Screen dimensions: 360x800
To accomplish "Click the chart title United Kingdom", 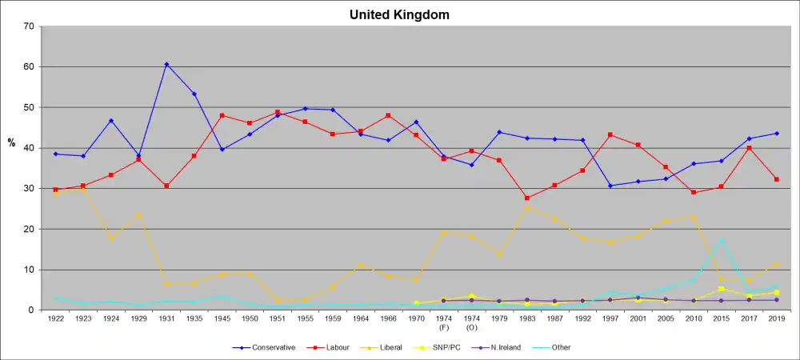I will (399, 14).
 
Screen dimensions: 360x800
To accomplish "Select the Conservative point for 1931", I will (166, 64).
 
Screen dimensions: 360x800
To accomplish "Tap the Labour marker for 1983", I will (526, 198).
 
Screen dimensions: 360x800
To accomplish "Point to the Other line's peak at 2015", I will (721, 239).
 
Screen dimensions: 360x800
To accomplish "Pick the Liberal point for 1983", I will (526, 207).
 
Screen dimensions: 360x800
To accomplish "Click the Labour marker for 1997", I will (610, 134).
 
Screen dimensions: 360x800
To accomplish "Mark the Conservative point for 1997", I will (610, 186).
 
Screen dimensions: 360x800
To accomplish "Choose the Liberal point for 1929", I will (138, 214).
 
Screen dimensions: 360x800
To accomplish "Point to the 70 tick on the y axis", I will (29, 26).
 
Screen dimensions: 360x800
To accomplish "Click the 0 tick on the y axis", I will (31, 310).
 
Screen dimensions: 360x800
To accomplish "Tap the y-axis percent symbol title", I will (11, 143).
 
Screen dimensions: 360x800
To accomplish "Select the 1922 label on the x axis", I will (55, 318).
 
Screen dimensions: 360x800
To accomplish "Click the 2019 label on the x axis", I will (776, 318).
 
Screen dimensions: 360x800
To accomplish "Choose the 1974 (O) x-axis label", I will (471, 322).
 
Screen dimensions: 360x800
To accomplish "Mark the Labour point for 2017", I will (749, 148).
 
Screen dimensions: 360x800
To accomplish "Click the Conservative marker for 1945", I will (222, 150).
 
